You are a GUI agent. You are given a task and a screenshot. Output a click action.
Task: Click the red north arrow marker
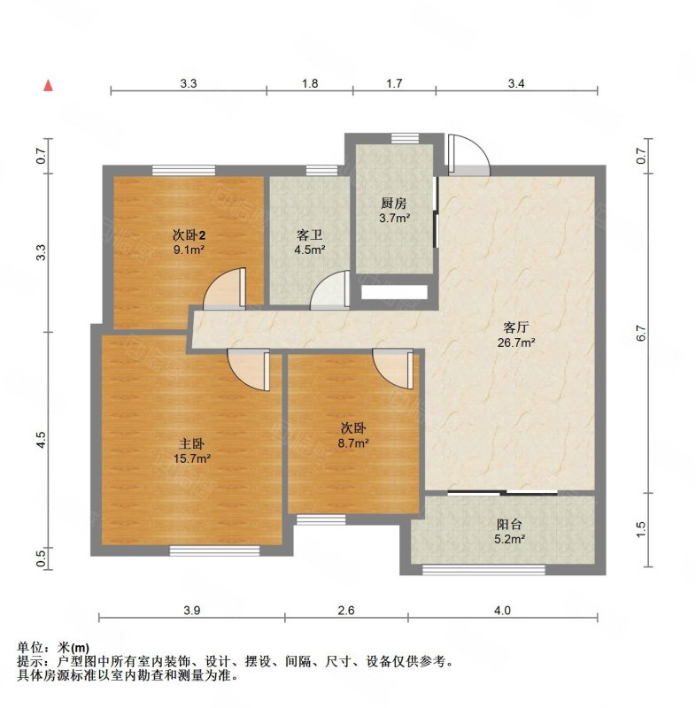point(48,86)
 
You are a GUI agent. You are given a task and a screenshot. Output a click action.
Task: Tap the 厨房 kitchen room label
point(394,204)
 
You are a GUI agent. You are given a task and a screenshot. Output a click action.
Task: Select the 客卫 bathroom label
point(309,235)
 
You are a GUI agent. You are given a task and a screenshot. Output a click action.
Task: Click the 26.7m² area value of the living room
point(516,342)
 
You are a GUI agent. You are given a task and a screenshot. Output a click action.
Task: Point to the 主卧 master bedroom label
point(192,444)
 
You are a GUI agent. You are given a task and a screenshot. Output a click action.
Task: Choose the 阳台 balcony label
point(509,524)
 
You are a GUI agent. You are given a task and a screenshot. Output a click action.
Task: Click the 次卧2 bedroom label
point(189,235)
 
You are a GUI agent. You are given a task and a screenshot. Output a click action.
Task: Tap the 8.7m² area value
point(353,443)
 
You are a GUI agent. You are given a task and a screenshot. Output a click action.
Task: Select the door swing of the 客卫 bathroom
point(330,290)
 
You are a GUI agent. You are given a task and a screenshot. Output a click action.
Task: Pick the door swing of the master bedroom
point(249,369)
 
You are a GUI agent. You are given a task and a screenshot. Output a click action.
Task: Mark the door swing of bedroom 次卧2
point(224,289)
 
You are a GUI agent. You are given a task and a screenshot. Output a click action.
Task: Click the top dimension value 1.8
point(310,83)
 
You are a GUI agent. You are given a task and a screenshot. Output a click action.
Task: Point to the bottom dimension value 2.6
point(346,611)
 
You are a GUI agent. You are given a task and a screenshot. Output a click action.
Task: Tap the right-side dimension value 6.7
point(641,334)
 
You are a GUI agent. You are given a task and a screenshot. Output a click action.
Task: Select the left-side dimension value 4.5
point(41,440)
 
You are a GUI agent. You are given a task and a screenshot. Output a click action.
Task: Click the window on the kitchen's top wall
point(406,138)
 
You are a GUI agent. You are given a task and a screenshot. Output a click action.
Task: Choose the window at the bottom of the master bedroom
point(214,550)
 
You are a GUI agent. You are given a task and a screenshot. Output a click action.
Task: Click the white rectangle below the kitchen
point(394,292)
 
